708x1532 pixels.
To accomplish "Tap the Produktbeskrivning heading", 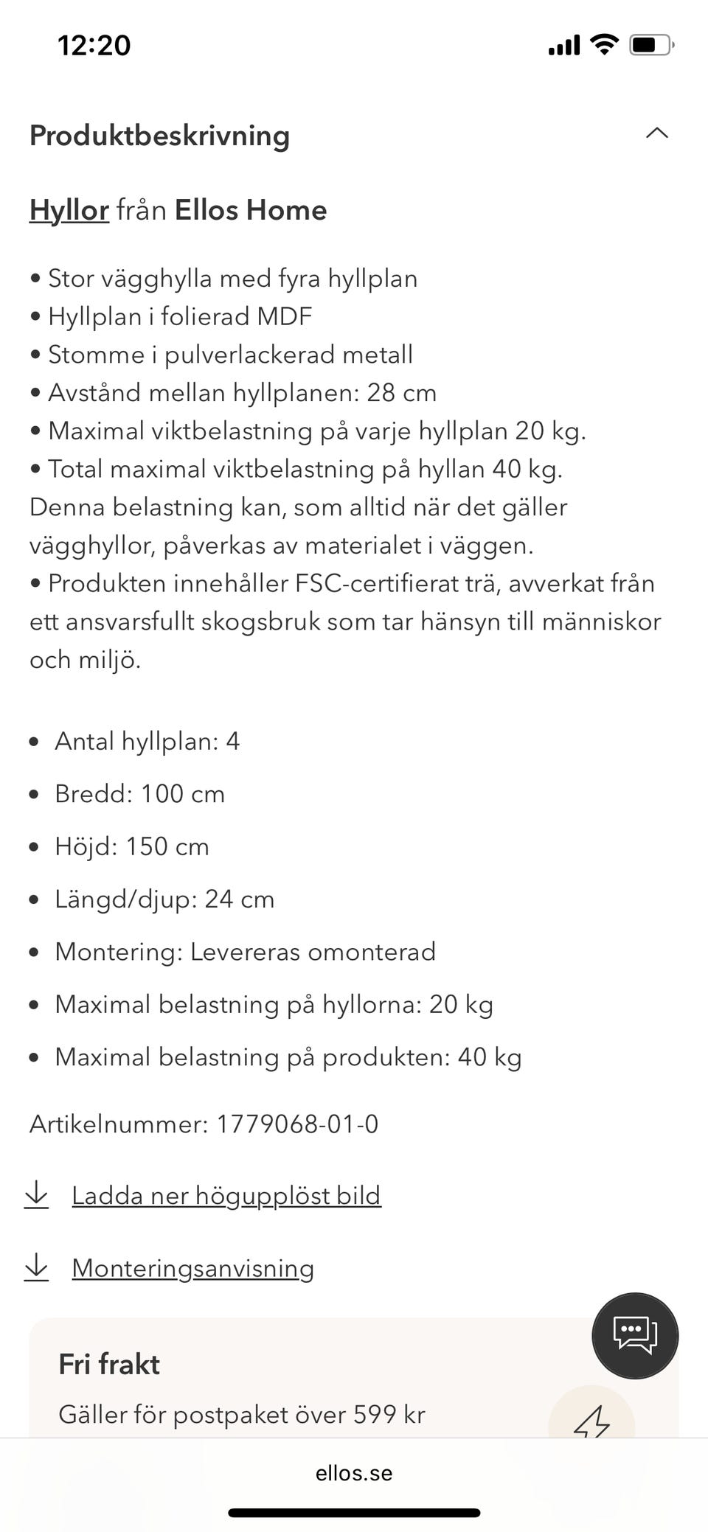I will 159,136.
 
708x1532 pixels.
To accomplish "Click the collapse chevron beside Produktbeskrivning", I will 656,133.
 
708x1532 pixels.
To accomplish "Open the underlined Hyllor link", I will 69,211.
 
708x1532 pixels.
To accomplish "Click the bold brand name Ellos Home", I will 250,211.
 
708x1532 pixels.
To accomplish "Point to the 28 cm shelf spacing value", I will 401,393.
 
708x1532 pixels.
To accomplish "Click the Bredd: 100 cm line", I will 139,794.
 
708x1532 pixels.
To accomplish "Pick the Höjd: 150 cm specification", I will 131,846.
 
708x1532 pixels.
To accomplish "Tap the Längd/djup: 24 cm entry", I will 164,899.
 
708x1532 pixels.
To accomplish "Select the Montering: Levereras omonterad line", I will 245,952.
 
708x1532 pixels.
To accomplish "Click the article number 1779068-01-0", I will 296,1124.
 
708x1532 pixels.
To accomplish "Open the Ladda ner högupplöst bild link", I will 226,1196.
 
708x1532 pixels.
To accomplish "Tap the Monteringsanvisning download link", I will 192,1268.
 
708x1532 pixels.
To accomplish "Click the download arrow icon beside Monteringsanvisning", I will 36,1267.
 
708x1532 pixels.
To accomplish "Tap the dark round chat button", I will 634,1335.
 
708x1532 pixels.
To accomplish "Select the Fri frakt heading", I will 109,1365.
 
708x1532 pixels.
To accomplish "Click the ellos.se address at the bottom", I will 354,1473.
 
